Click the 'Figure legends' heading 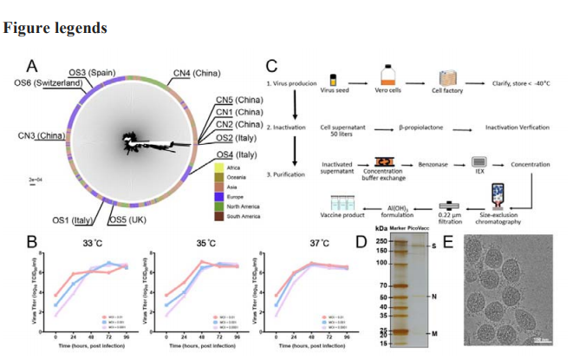(x=55, y=28)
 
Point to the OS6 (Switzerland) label (x=51, y=82)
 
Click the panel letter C (x=271, y=65)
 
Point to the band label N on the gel (x=433, y=296)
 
